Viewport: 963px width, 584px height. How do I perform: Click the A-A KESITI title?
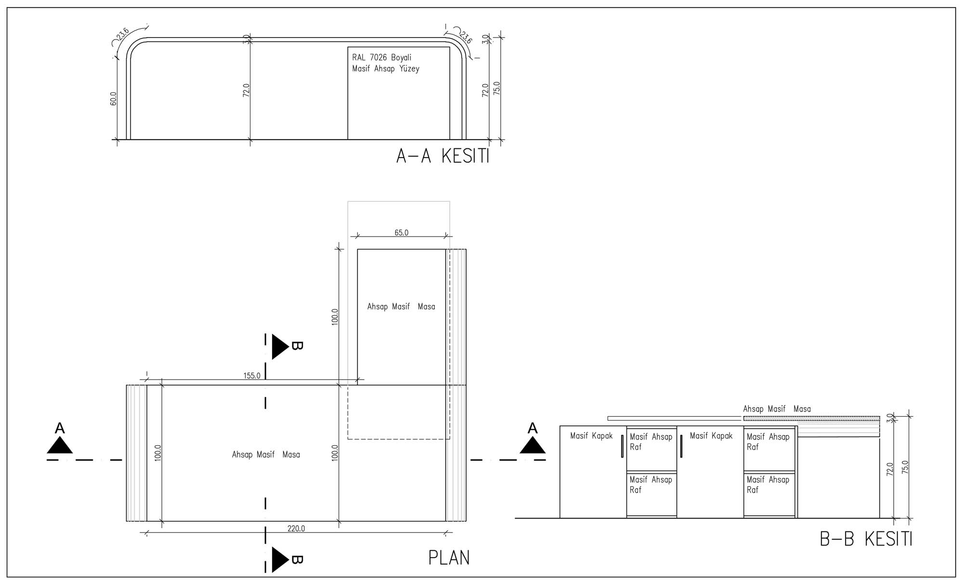(x=442, y=156)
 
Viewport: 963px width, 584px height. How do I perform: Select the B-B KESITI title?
(x=866, y=539)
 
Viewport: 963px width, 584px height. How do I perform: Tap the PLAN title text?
(x=449, y=557)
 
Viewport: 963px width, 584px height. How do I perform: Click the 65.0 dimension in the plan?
(x=401, y=233)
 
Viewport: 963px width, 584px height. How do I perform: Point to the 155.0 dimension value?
(x=252, y=376)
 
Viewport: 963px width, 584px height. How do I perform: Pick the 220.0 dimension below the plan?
(x=296, y=529)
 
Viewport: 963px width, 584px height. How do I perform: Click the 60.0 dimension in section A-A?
(x=114, y=99)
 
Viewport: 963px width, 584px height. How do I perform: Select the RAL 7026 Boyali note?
(x=382, y=57)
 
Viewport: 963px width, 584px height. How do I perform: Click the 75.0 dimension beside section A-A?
(x=497, y=89)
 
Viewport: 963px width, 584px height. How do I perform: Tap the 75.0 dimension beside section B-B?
(x=905, y=468)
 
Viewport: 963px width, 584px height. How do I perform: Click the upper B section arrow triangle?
(x=280, y=346)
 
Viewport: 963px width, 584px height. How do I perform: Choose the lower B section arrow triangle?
(x=280, y=560)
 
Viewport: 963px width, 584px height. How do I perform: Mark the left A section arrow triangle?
(x=60, y=445)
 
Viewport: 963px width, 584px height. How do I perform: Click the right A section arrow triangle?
(x=533, y=445)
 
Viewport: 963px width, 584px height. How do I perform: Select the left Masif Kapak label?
(x=591, y=436)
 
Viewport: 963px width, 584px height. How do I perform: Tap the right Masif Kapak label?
(x=711, y=436)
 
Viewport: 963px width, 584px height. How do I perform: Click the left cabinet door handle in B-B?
(x=622, y=446)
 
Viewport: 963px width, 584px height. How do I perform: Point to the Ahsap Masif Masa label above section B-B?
(x=777, y=409)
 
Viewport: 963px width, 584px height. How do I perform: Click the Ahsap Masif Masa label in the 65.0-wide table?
(x=401, y=306)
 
